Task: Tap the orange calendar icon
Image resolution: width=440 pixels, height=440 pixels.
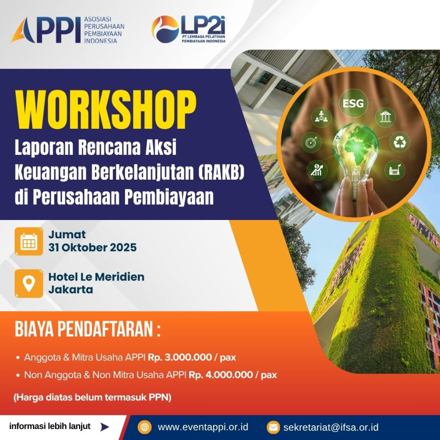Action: coord(29,242)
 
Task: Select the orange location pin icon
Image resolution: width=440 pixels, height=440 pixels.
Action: coord(29,283)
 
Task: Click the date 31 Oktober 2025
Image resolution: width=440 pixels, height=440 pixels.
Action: coord(93,247)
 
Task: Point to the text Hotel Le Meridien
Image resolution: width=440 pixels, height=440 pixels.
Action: coord(96,277)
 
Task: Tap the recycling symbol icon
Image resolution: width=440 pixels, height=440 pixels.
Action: coord(399,142)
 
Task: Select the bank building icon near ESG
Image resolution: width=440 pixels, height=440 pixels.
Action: coord(385,117)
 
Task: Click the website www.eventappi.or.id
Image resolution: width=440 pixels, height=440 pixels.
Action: coord(203,427)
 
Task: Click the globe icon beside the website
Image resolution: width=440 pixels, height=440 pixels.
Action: coord(145,427)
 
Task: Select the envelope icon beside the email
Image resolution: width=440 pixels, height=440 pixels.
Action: coord(273,428)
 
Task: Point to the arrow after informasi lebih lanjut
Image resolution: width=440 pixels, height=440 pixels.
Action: coord(105,427)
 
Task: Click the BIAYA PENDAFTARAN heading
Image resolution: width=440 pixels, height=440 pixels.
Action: coord(88,330)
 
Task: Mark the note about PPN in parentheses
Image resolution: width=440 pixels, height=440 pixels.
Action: coord(92,397)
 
